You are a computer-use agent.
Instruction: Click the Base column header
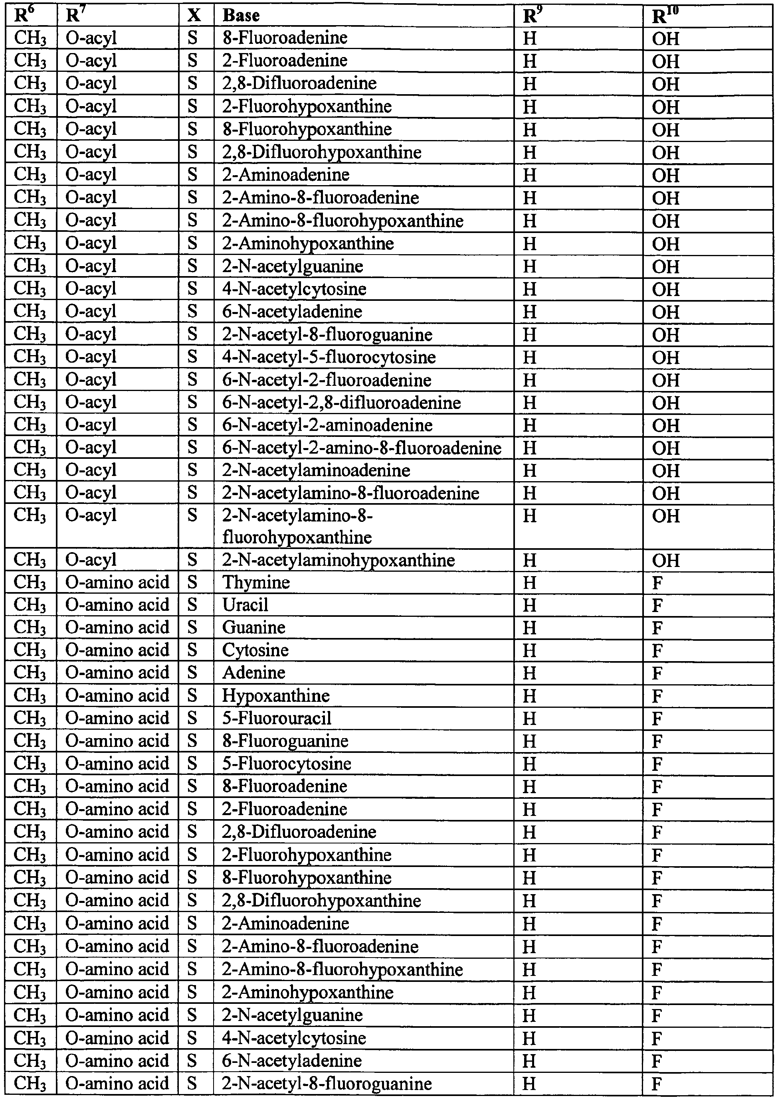click(x=241, y=16)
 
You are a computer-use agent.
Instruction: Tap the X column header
click(x=194, y=16)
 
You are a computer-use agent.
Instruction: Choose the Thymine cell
click(x=256, y=582)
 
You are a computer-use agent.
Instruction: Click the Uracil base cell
click(x=245, y=605)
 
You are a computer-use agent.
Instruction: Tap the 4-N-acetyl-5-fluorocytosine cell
click(x=329, y=357)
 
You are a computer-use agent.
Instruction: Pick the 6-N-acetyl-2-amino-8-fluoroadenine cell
click(x=362, y=448)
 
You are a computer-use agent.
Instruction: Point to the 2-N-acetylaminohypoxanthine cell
click(x=338, y=560)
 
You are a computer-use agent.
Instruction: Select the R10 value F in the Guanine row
click(x=657, y=628)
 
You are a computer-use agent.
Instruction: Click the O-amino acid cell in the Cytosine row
click(x=117, y=650)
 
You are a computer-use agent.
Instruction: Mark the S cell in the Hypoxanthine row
click(x=192, y=695)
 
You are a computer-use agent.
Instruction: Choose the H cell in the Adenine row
click(x=529, y=673)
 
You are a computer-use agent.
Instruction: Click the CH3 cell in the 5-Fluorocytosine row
click(x=30, y=763)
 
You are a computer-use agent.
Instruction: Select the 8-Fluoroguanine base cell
click(x=285, y=741)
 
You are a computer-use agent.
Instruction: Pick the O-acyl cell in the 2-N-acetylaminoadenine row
click(x=91, y=470)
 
